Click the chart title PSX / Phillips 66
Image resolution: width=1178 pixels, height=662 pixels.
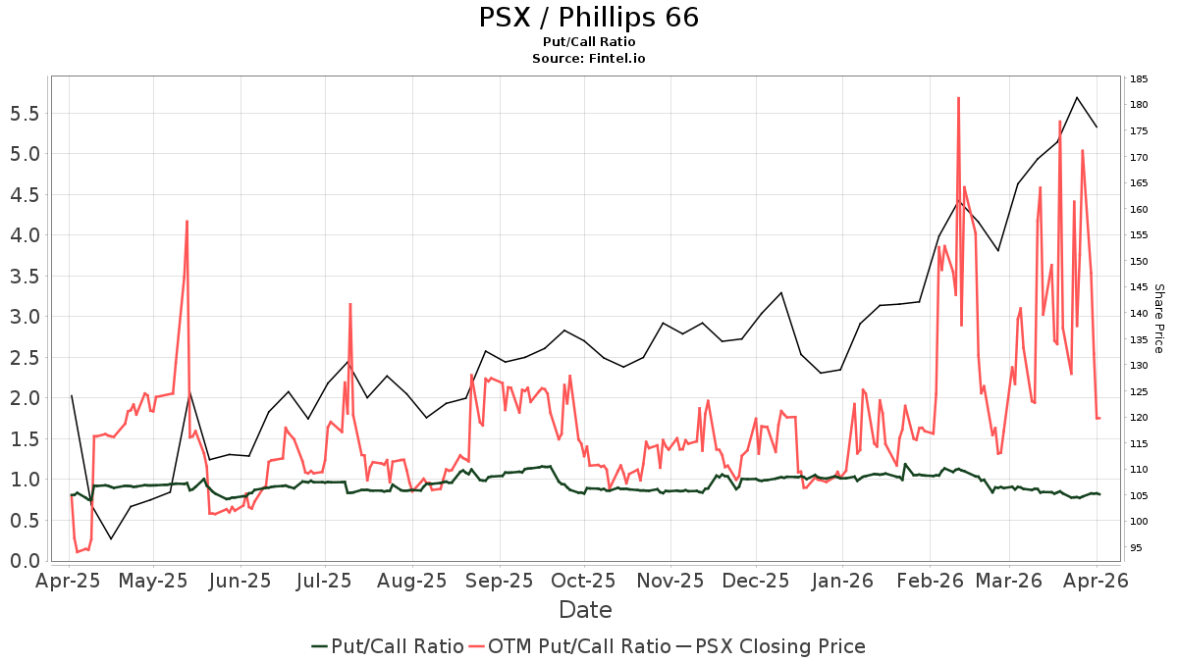coord(588,18)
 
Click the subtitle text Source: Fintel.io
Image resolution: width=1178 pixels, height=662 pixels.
coord(588,58)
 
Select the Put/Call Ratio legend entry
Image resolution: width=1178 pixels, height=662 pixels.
coord(388,646)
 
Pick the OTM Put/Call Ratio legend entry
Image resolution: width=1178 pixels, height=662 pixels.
coord(570,646)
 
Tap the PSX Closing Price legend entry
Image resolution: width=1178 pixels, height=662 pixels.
coord(771,646)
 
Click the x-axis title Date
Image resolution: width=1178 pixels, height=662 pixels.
coord(585,610)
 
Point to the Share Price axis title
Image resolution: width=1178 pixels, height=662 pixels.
coord(1158,319)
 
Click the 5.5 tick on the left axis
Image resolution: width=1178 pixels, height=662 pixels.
coord(24,113)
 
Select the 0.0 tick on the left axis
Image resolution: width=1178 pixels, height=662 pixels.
coord(24,561)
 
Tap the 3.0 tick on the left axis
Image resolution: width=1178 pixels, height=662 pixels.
coord(24,317)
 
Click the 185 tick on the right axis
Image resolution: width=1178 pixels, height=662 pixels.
coord(1140,79)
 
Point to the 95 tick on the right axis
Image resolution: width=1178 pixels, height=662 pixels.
coord(1137,548)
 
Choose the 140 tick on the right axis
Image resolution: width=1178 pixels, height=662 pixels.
coord(1140,314)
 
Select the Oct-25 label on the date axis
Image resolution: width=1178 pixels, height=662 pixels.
coord(583,582)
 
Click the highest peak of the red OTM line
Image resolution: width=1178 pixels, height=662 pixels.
coord(958,98)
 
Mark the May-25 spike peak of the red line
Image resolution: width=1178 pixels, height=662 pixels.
coord(187,222)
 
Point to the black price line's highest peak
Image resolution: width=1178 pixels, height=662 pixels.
coord(1077,97)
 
